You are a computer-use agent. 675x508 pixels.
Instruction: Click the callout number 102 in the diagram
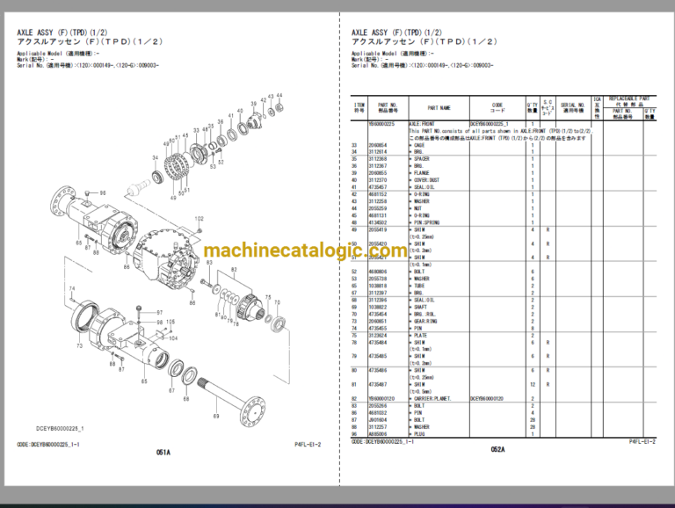tap(199, 218)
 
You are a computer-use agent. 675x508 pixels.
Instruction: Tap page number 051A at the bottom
tap(163, 452)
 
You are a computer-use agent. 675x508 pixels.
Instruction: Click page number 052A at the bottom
tap(497, 449)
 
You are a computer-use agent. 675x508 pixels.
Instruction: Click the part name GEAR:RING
tap(425, 321)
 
